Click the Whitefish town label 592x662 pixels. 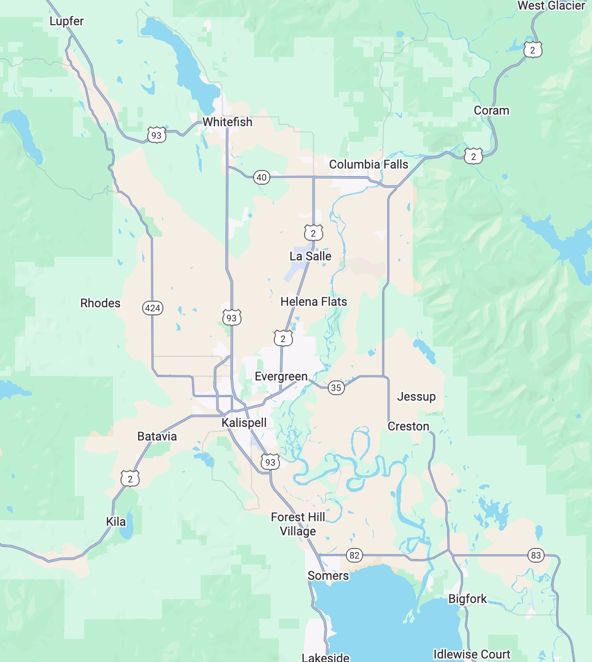click(x=227, y=122)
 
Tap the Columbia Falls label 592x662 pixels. click(x=368, y=164)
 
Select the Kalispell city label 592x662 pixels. click(x=244, y=422)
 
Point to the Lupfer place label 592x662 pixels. click(x=67, y=21)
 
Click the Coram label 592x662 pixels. click(x=491, y=110)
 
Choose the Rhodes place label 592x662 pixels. click(x=100, y=303)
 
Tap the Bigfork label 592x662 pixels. click(x=467, y=598)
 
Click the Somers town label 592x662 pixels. click(x=328, y=575)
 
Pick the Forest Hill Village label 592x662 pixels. click(x=298, y=524)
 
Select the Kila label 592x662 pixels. click(x=115, y=521)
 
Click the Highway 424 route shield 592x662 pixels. click(x=153, y=308)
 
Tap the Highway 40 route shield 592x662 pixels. click(x=261, y=177)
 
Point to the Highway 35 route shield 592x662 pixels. click(x=336, y=388)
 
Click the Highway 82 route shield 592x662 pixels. click(x=354, y=555)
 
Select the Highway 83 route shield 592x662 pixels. click(x=536, y=555)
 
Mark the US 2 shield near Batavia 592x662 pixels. click(x=130, y=478)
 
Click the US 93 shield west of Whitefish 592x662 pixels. click(x=156, y=135)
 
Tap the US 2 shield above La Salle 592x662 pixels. click(x=313, y=233)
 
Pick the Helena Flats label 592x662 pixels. click(x=314, y=301)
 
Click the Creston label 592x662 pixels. click(x=408, y=426)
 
